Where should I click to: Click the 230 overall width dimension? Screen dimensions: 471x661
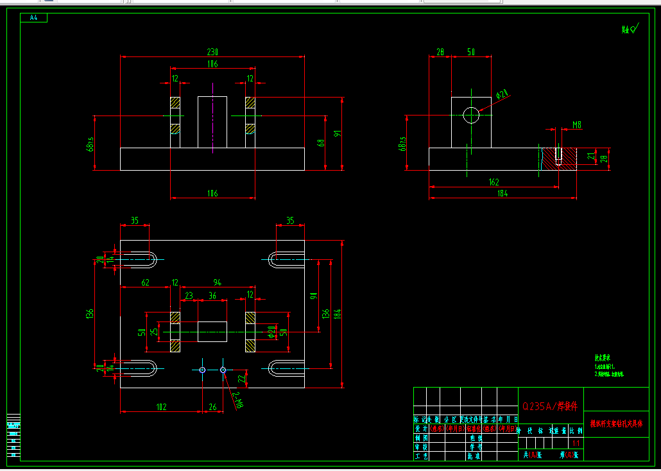(x=212, y=51)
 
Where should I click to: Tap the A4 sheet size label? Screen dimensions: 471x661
(x=34, y=18)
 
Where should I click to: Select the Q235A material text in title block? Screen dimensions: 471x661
(x=551, y=406)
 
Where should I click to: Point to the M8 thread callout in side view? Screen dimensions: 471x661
(x=577, y=125)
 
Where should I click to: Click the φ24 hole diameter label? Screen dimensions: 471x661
(x=502, y=94)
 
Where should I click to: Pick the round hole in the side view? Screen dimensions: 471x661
(x=471, y=116)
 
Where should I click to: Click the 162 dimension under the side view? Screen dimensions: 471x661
(x=494, y=182)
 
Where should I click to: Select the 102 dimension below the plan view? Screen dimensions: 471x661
(x=161, y=406)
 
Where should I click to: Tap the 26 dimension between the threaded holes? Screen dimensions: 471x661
(x=212, y=406)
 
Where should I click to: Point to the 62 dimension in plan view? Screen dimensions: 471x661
(x=145, y=282)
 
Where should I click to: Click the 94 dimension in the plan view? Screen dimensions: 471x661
(x=218, y=282)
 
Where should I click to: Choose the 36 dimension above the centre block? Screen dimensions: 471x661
(x=212, y=296)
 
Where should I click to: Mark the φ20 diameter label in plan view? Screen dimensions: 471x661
(x=271, y=331)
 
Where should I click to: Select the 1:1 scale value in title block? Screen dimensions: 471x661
(x=576, y=443)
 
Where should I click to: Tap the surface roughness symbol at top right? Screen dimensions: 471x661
(x=630, y=29)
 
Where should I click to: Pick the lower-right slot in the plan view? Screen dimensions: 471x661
(x=286, y=368)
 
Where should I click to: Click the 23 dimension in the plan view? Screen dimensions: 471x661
(x=189, y=296)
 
